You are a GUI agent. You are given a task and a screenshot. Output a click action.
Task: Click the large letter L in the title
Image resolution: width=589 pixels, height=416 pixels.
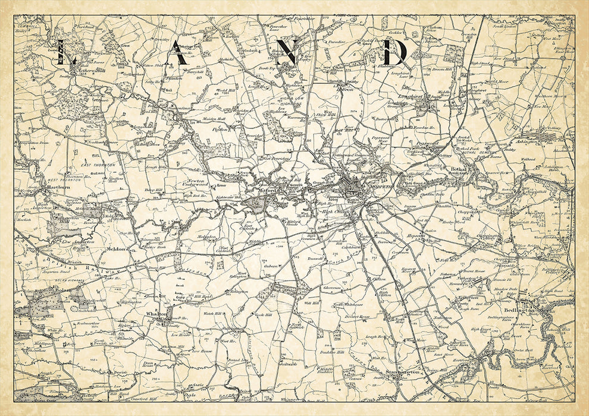click(x=66, y=53)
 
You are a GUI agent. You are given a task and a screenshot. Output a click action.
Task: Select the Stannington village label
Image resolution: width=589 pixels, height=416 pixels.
click(x=402, y=373)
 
